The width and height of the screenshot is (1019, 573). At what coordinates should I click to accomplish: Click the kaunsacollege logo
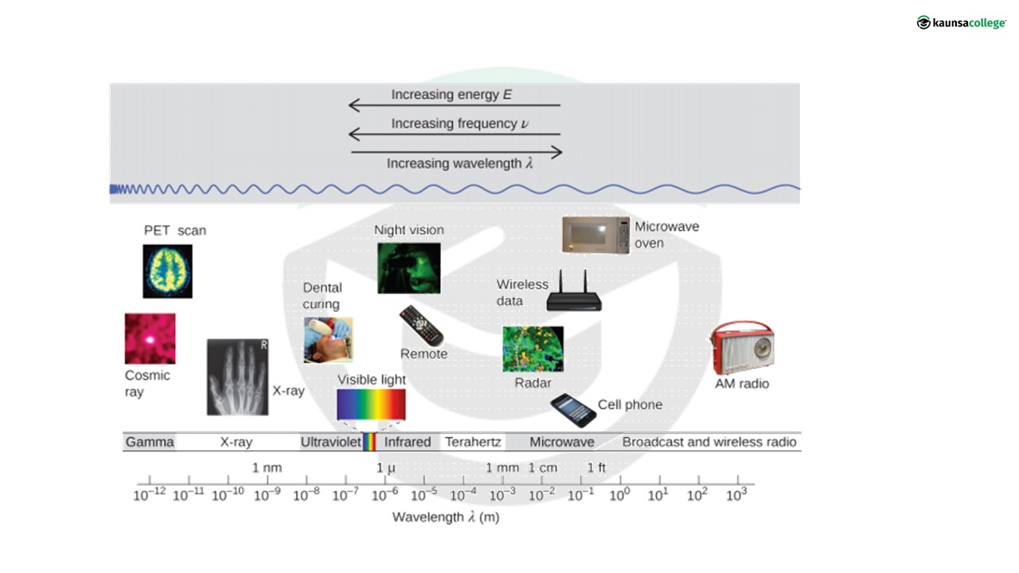pyautogui.click(x=961, y=22)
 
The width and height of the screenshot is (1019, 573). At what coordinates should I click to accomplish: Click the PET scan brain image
pyautogui.click(x=167, y=271)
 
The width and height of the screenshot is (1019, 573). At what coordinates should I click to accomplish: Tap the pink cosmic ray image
pyautogui.click(x=150, y=338)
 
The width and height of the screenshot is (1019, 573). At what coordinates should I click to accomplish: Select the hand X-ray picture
pyautogui.click(x=237, y=377)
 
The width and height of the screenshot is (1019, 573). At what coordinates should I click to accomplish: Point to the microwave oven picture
pyautogui.click(x=595, y=235)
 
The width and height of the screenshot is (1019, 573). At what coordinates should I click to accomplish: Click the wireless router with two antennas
pyautogui.click(x=573, y=294)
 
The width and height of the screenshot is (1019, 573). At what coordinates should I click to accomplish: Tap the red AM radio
pyautogui.click(x=742, y=348)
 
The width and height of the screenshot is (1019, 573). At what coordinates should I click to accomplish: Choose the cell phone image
pyautogui.click(x=573, y=410)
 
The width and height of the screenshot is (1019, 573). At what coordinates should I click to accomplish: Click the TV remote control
pyautogui.click(x=421, y=325)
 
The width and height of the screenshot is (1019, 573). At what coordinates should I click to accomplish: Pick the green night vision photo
pyautogui.click(x=408, y=268)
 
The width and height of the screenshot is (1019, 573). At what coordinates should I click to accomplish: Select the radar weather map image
pyautogui.click(x=533, y=349)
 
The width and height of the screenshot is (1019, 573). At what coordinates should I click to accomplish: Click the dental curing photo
pyautogui.click(x=327, y=340)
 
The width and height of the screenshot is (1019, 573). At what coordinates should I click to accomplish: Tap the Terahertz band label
pyautogui.click(x=473, y=442)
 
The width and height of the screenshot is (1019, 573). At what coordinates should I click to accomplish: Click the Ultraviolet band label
pyautogui.click(x=330, y=442)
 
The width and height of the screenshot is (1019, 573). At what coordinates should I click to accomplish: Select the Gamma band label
pyautogui.click(x=150, y=442)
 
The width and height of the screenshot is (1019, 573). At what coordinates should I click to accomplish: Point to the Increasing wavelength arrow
pyautogui.click(x=456, y=152)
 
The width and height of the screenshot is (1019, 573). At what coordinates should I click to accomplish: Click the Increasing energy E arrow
pyautogui.click(x=455, y=105)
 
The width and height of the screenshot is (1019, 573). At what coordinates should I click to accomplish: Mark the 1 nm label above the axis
pyautogui.click(x=267, y=467)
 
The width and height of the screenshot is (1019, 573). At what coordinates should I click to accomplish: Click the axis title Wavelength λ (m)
pyautogui.click(x=446, y=517)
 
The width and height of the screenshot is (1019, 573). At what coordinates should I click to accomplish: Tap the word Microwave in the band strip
pyautogui.click(x=562, y=442)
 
